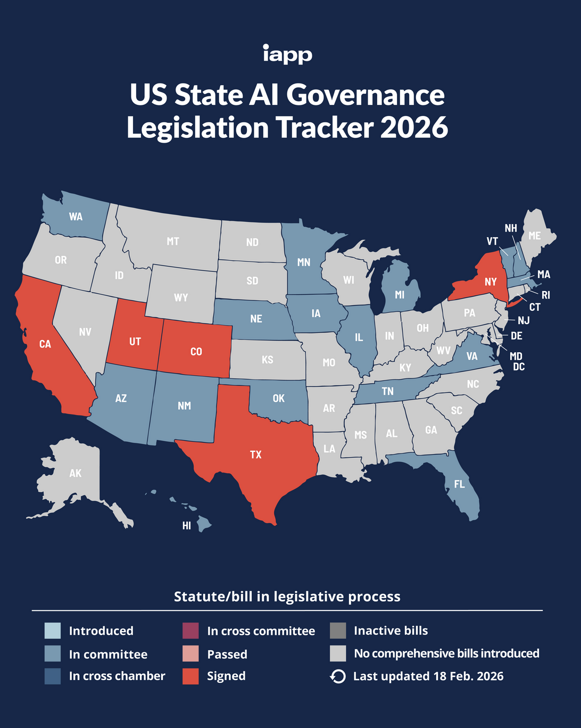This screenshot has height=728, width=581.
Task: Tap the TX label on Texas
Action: [256, 454]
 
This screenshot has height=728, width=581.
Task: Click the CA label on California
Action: [45, 344]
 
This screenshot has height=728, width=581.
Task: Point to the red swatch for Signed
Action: [190, 676]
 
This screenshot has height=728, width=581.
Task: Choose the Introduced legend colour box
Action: [53, 631]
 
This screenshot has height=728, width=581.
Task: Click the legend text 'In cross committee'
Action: [261, 631]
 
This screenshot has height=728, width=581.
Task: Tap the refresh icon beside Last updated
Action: [338, 676]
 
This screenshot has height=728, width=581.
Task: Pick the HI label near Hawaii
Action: [187, 526]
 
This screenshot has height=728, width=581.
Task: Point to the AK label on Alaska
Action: [76, 473]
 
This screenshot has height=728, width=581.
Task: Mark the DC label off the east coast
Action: [519, 367]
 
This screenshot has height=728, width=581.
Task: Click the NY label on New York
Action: [491, 282]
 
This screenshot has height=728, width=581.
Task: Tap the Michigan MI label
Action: [400, 295]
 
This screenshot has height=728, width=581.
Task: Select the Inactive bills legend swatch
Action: [338, 631]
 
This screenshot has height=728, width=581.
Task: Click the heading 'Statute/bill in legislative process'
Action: [287, 597]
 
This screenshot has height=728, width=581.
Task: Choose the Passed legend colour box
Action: [190, 653]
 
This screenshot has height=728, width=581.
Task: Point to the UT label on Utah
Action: [135, 341]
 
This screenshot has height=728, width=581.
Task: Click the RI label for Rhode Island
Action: [546, 295]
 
